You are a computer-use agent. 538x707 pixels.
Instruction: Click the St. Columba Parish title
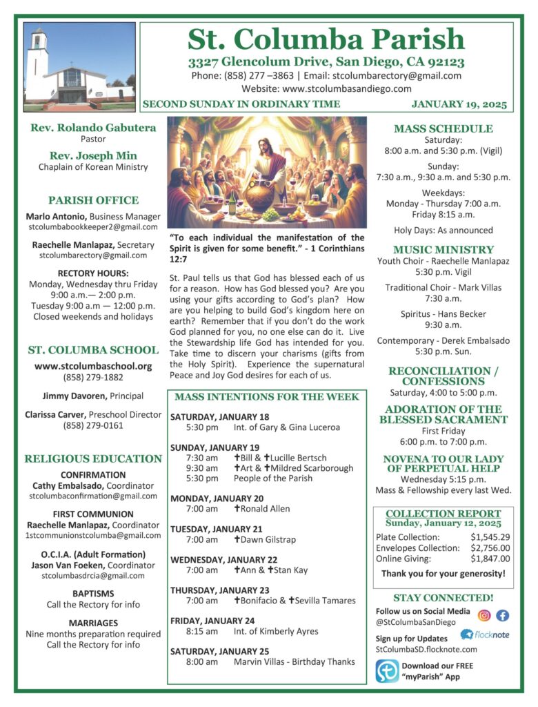pyautogui.click(x=326, y=39)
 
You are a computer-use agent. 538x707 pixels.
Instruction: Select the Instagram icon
pyautogui.click(x=484, y=615)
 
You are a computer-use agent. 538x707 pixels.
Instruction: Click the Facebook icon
pyautogui.click(x=502, y=615)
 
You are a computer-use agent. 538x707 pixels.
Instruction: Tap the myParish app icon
pyautogui.click(x=387, y=671)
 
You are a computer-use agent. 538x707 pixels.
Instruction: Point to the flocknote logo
pyautogui.click(x=485, y=635)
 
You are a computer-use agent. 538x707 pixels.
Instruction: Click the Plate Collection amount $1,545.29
pyautogui.click(x=490, y=536)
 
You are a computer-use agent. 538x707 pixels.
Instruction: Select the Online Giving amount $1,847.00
pyautogui.click(x=490, y=559)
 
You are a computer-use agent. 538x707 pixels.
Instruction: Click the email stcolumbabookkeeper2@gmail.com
pyautogui.click(x=93, y=226)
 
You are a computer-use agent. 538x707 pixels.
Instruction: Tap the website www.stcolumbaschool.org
pyautogui.click(x=93, y=366)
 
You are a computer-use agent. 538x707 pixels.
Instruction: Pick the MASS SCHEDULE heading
pyautogui.click(x=443, y=128)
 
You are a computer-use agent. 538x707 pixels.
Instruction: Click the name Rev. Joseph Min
pyautogui.click(x=93, y=155)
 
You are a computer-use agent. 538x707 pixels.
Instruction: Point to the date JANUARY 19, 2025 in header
pyautogui.click(x=459, y=105)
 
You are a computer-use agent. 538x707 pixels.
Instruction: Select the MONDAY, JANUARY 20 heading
pyautogui.click(x=217, y=498)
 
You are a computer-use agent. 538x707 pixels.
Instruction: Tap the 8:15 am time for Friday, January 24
pyautogui.click(x=201, y=632)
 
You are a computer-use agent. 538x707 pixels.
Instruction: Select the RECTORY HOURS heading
pyautogui.click(x=93, y=273)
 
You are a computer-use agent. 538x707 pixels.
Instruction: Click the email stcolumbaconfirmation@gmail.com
pyautogui.click(x=93, y=496)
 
